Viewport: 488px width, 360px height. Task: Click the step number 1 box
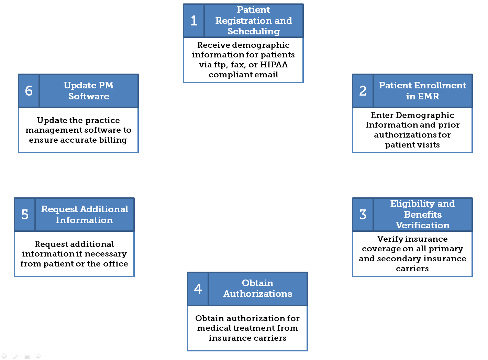click(x=194, y=21)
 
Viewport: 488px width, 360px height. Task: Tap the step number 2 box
click(x=363, y=91)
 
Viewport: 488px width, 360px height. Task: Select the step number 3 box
click(x=363, y=215)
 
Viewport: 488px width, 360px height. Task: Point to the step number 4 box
click(x=198, y=288)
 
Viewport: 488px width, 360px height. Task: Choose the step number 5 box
click(x=25, y=215)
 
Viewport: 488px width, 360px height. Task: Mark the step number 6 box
click(x=29, y=91)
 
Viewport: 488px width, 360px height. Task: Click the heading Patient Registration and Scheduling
click(x=254, y=21)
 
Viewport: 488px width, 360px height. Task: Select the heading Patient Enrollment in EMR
click(x=422, y=91)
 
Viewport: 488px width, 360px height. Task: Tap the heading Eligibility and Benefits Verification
click(x=422, y=215)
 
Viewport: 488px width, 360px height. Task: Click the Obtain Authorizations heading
click(x=258, y=288)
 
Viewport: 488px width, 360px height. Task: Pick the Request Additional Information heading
click(x=85, y=215)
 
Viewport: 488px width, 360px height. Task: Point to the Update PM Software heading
click(x=89, y=91)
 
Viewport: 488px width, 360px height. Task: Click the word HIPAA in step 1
click(x=274, y=65)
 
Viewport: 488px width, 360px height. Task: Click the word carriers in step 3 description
click(x=412, y=269)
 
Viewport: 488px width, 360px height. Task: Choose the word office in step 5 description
click(x=115, y=264)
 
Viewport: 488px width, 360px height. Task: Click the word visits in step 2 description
click(x=427, y=145)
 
